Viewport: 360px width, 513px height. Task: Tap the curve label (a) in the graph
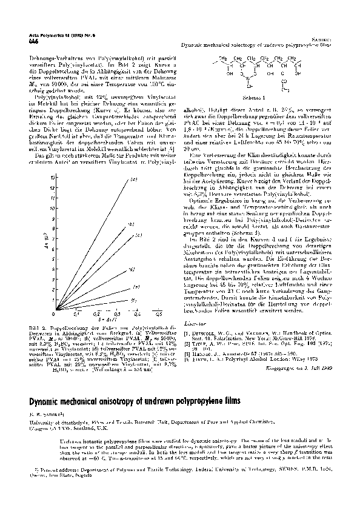point(134,180)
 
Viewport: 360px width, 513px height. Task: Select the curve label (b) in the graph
point(130,224)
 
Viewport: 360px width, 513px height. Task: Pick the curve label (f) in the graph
point(134,300)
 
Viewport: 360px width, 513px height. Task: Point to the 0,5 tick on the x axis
point(158,315)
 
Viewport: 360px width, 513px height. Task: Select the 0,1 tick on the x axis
point(76,315)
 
